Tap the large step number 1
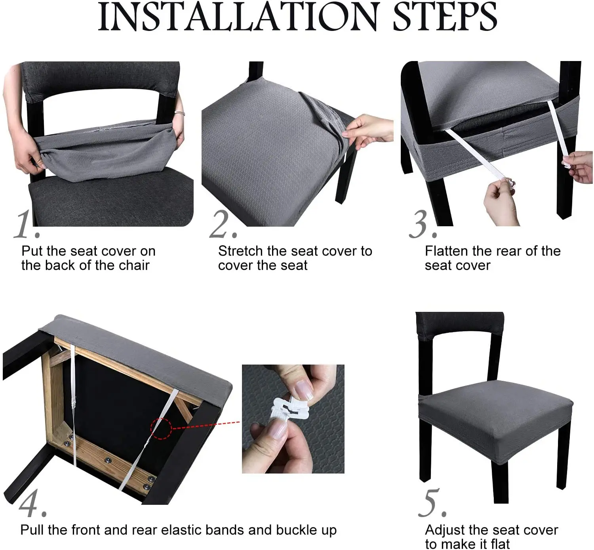click(x=26, y=225)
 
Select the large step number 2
click(x=223, y=225)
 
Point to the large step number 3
click(x=423, y=225)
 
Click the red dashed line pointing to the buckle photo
click(x=206, y=425)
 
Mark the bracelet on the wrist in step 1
click(x=180, y=113)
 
